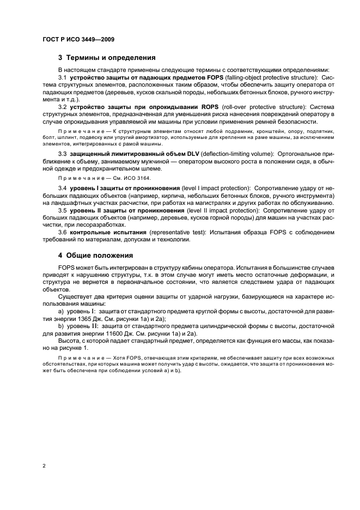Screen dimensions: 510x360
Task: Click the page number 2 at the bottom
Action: [42, 465]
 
